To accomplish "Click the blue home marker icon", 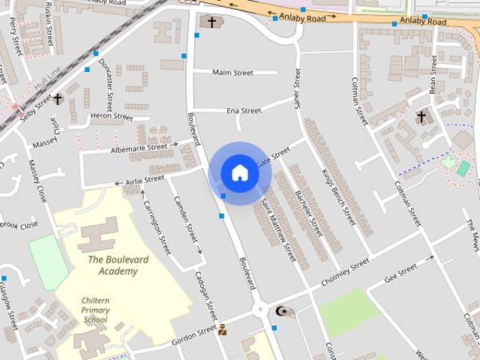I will (239, 172).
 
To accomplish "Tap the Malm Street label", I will (232, 73).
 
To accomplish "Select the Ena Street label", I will (244, 111).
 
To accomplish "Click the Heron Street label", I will (111, 116).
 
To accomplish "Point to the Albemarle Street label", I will (139, 148).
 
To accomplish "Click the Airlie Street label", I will (144, 180).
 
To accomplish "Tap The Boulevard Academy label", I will (112, 265).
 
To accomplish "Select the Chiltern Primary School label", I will (95, 310).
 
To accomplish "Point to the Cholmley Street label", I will (346, 268).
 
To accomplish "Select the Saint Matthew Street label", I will (278, 228).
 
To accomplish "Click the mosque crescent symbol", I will (282, 311).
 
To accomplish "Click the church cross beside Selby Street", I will (57, 99).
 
